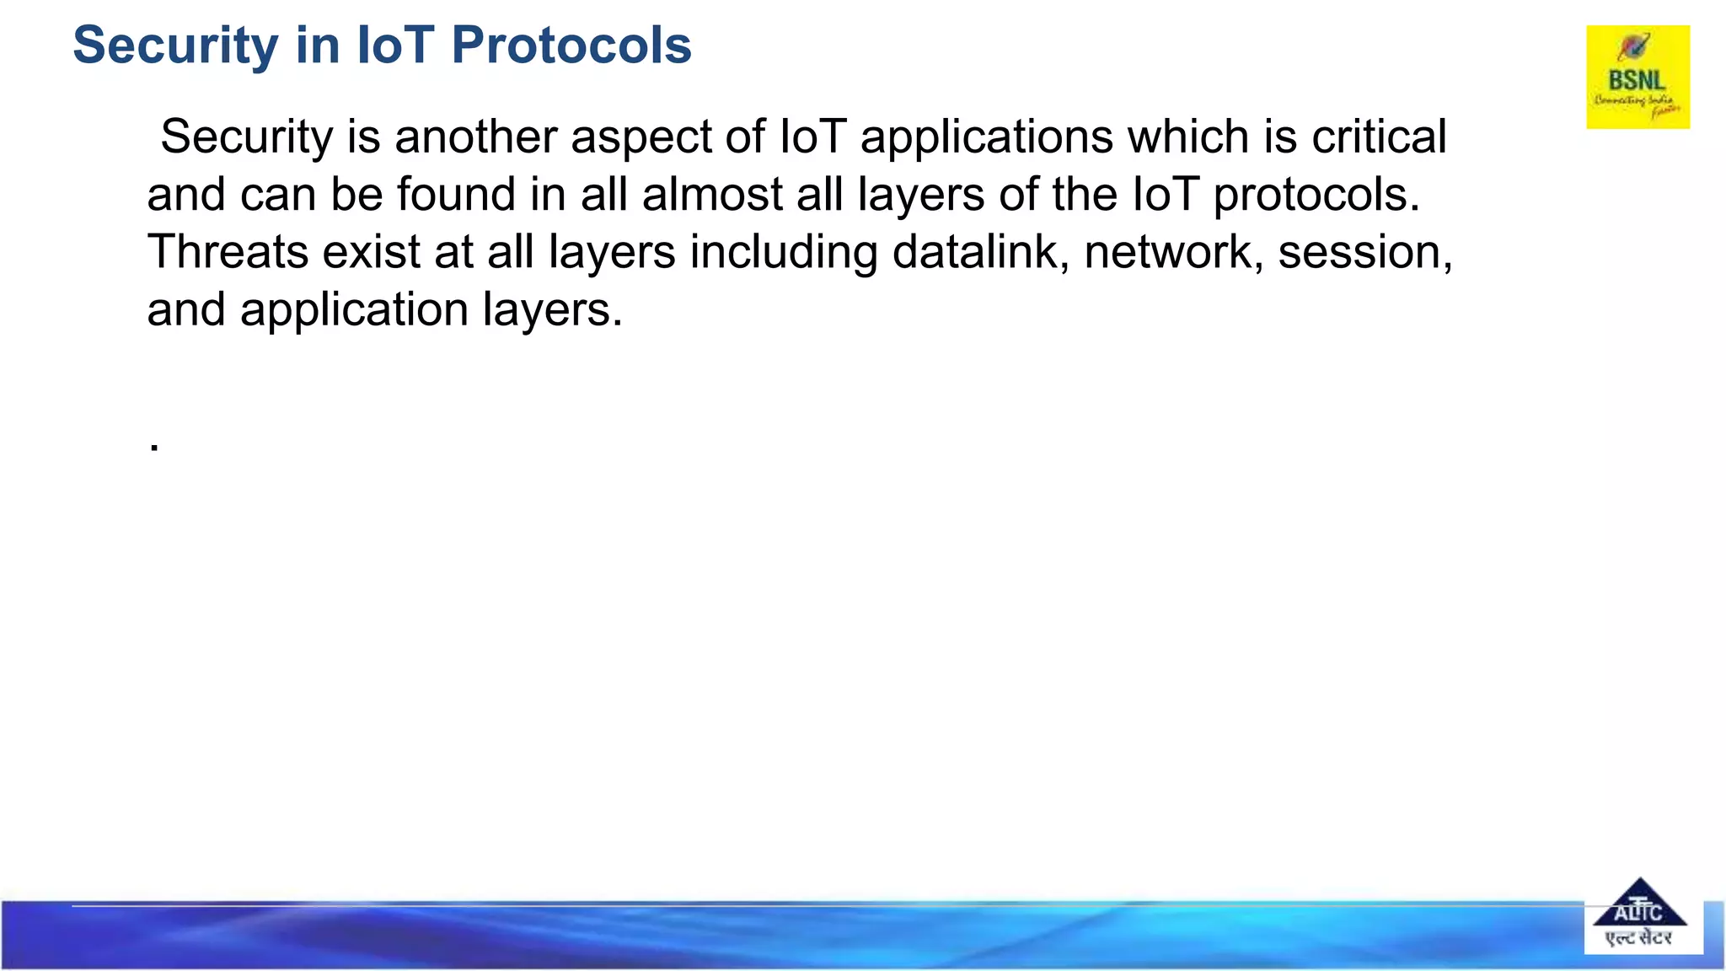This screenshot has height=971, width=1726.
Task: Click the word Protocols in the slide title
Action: point(571,46)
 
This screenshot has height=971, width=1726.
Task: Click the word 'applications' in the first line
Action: point(986,137)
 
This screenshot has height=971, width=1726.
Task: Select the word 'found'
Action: point(456,194)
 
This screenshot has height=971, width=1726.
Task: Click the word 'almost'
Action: point(712,194)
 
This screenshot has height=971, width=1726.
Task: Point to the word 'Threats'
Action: point(228,251)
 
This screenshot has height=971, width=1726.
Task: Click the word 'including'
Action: point(783,251)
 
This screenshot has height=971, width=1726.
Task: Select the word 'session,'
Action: point(1364,251)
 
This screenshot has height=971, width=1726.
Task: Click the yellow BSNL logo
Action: point(1638,77)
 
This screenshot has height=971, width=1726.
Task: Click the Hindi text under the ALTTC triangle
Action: point(1639,938)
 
